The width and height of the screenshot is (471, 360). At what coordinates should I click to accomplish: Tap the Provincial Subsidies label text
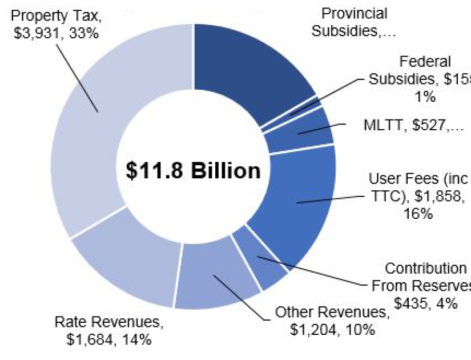click(x=355, y=22)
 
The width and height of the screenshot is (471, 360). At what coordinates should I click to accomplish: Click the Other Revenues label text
click(x=332, y=321)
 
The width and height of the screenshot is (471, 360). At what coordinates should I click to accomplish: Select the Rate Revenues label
click(x=108, y=331)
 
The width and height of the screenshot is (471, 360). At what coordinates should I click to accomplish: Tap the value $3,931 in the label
click(x=35, y=33)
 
